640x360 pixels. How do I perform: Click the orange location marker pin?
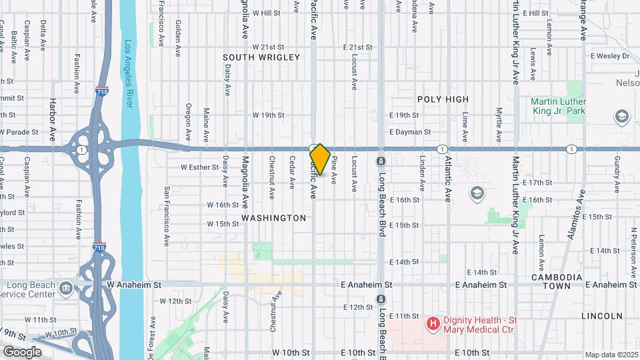coord(320,159)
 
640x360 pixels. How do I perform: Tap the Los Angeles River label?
coord(127,74)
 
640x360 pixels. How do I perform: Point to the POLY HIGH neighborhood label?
coord(443,99)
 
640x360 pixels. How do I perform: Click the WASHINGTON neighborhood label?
coord(273,218)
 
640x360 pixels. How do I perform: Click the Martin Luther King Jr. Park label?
coord(558,107)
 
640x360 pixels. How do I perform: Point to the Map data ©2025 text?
coord(611,355)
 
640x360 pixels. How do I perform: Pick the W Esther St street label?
coord(200,167)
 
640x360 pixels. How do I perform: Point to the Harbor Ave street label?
coord(53,121)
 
